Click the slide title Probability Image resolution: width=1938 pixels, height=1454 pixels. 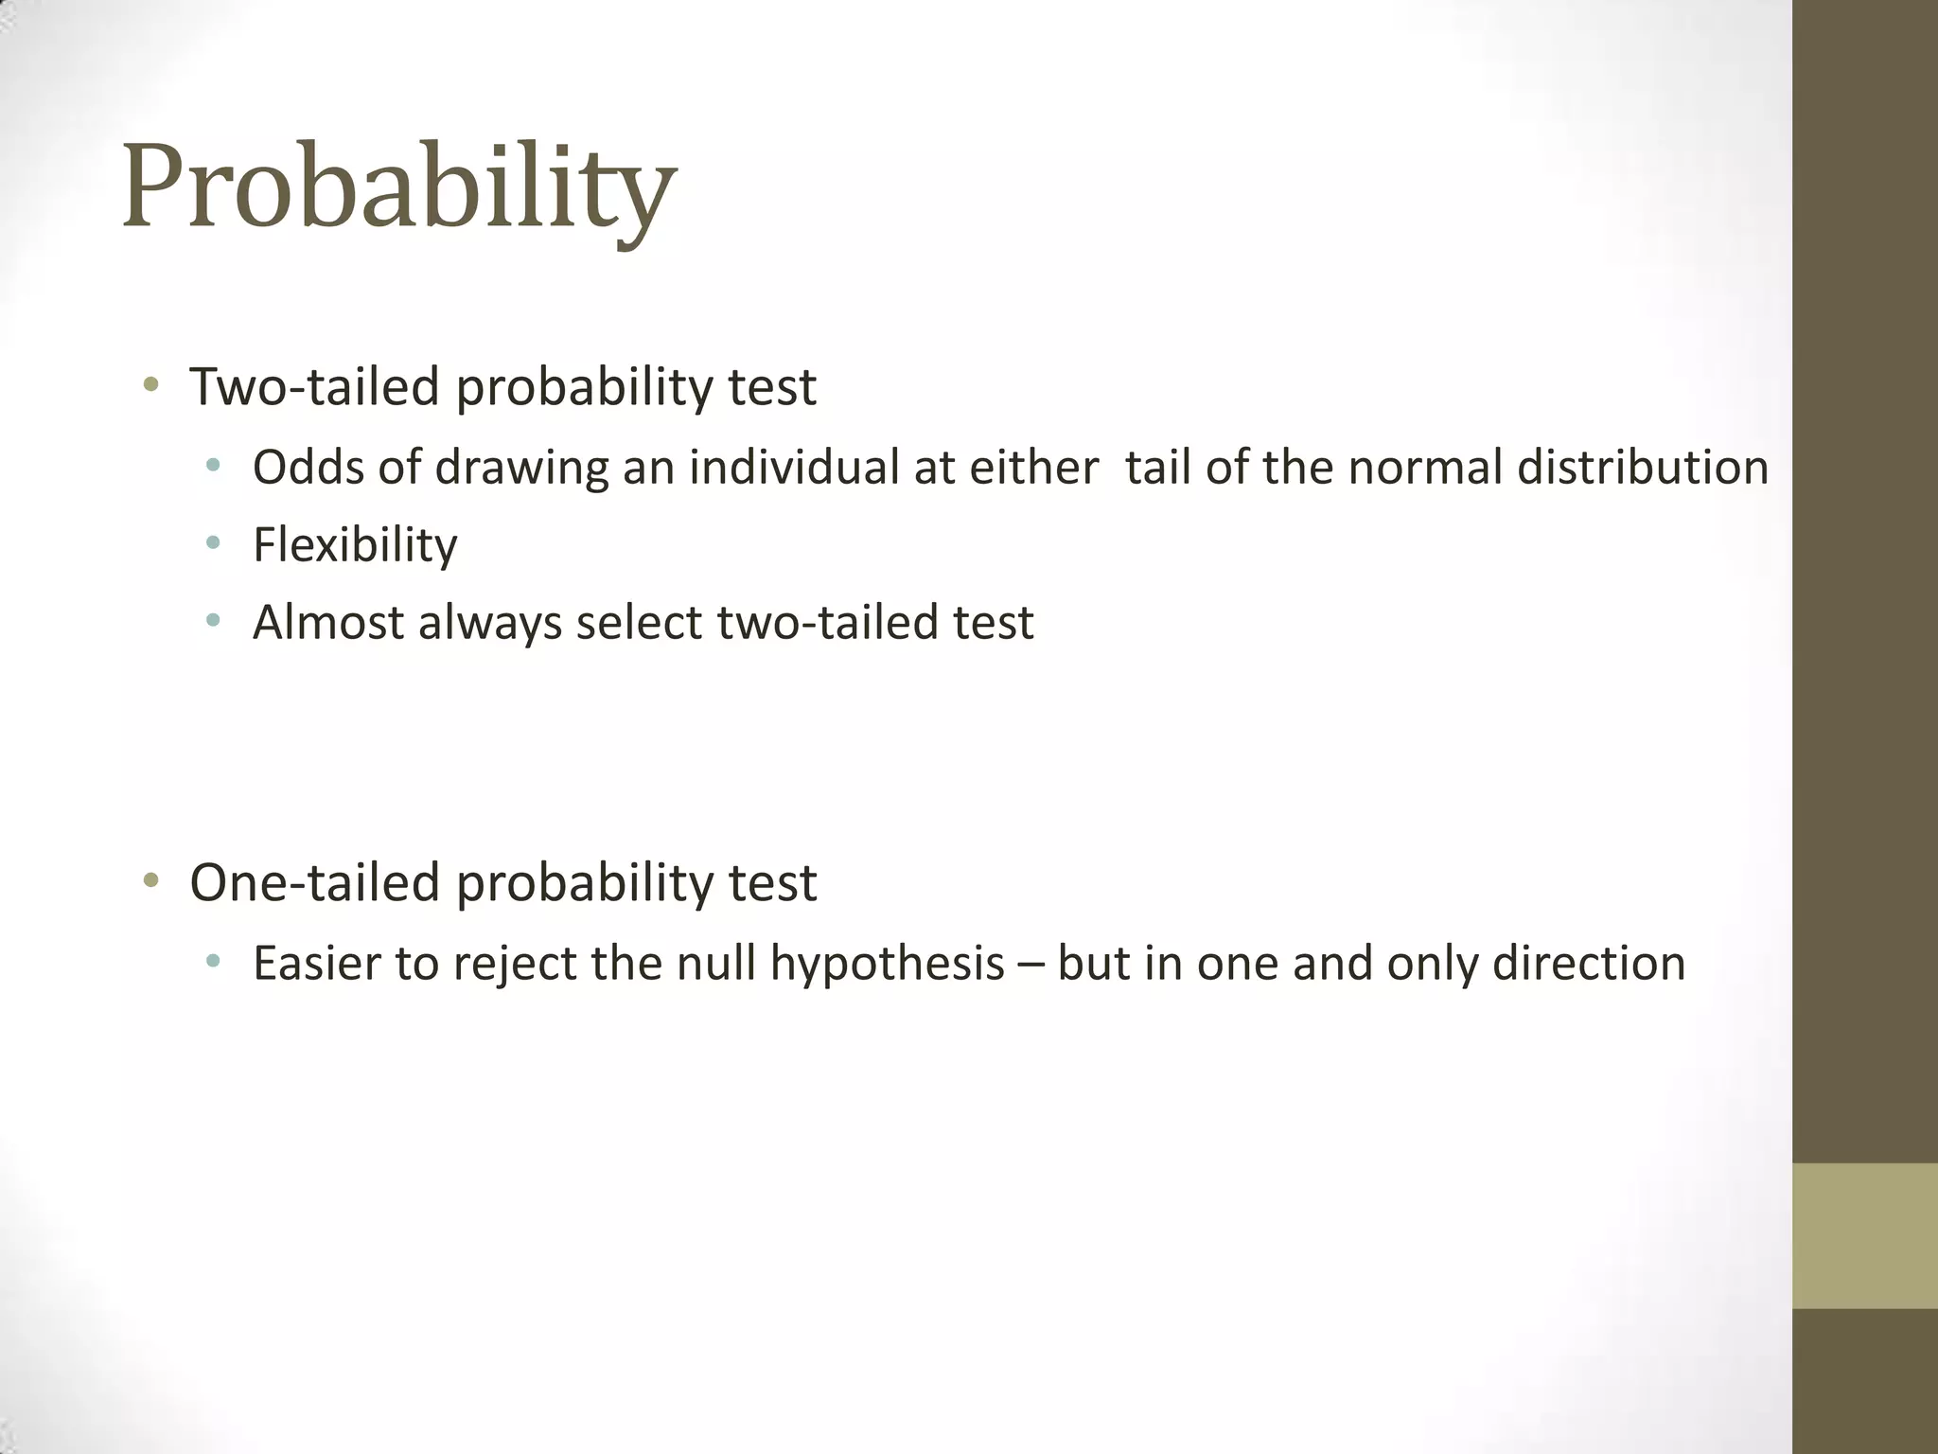pos(398,186)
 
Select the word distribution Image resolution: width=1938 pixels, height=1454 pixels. pos(1643,467)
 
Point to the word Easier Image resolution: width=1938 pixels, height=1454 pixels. pos(316,964)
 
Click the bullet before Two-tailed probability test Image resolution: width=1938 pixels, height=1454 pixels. pos(150,384)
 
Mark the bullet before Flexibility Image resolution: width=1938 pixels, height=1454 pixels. pos(213,543)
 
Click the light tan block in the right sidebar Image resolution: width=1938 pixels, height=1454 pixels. pos(1864,1235)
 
